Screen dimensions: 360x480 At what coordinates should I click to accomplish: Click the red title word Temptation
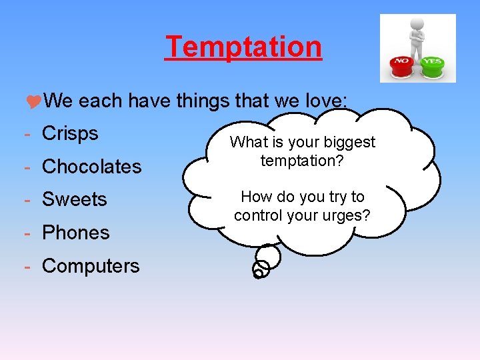click(244, 47)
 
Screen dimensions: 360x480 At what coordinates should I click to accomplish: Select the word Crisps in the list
click(70, 133)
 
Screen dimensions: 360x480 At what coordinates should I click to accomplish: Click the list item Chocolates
click(92, 167)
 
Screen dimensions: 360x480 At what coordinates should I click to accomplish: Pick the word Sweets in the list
click(75, 199)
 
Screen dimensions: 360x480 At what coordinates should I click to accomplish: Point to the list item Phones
click(76, 233)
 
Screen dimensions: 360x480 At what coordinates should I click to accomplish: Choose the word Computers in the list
click(91, 266)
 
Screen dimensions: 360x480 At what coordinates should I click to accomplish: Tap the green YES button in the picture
click(433, 65)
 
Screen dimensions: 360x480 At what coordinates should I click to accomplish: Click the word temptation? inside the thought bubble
click(302, 161)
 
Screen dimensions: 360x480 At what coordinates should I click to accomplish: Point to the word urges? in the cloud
click(347, 215)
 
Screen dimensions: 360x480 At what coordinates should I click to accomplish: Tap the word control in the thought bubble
click(257, 215)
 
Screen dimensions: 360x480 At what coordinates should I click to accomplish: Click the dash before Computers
click(27, 267)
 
